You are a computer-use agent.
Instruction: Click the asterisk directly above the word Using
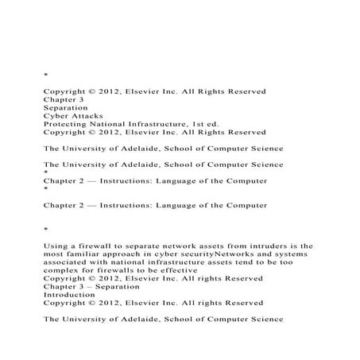point(45,229)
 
